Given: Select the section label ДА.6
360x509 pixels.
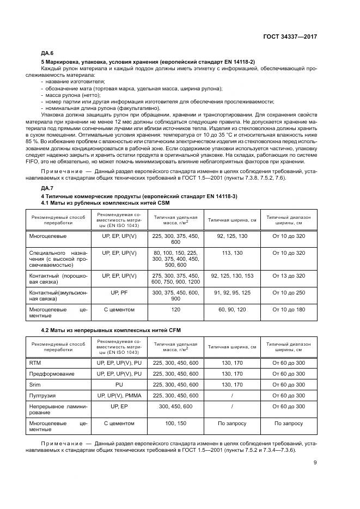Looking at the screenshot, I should pyautogui.click(x=47, y=53).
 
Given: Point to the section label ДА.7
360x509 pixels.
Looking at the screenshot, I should pyautogui.click(x=47, y=188).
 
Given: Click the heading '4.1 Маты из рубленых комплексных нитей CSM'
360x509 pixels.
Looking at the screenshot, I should pyautogui.click(x=96, y=203).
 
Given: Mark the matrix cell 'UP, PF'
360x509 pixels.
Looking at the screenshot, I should pyautogui.click(x=119, y=293).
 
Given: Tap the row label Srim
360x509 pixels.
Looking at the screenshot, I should pyautogui.click(x=34, y=384).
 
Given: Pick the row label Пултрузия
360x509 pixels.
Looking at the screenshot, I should pyautogui.click(x=42, y=395).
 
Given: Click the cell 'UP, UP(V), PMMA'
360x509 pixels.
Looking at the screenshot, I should pyautogui.click(x=119, y=395).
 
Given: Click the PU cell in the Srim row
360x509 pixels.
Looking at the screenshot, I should pyautogui.click(x=119, y=384).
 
